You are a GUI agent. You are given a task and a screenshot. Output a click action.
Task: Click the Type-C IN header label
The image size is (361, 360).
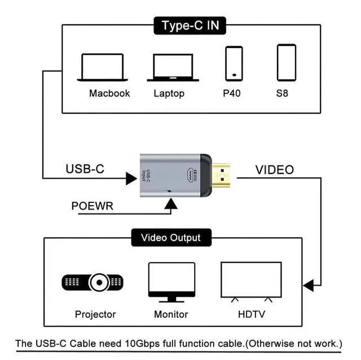(x=190, y=25)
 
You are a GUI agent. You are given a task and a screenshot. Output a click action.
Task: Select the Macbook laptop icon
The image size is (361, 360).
(x=102, y=68)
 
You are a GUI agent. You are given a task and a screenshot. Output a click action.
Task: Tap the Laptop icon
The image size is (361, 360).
(x=173, y=68)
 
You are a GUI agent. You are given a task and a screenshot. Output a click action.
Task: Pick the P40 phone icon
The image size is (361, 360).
(x=234, y=63)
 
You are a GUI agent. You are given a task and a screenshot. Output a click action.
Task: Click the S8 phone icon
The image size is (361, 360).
(x=287, y=62)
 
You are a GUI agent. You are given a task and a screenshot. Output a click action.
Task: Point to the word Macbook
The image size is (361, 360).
(x=109, y=93)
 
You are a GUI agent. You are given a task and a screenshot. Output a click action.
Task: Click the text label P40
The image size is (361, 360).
(x=231, y=93)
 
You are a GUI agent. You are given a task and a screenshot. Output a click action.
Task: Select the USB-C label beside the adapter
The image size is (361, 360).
(x=85, y=169)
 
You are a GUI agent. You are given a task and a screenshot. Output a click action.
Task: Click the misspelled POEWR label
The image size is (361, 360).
(x=93, y=206)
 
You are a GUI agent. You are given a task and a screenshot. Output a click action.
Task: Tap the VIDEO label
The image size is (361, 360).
(x=275, y=170)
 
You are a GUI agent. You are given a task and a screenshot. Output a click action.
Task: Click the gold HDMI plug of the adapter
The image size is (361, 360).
(x=224, y=177)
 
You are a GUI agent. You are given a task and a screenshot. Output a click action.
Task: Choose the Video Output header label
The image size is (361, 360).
(x=170, y=238)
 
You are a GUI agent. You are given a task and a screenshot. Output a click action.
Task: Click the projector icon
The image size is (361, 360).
(x=93, y=281)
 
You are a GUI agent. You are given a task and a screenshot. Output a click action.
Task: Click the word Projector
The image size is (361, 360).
(x=95, y=314)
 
